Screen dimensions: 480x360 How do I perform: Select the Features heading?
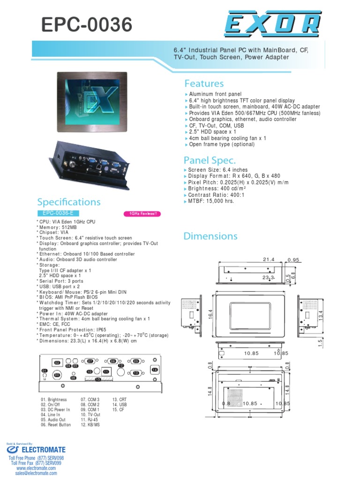point(204,83)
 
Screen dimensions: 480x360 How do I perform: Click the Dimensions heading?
point(210,236)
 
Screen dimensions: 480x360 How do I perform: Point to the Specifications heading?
point(68,202)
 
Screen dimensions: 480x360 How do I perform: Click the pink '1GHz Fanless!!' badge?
point(142,214)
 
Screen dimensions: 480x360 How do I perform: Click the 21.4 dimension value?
point(268,259)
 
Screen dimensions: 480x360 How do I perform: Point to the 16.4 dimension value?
point(210,313)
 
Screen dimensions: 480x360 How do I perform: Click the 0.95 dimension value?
point(293,259)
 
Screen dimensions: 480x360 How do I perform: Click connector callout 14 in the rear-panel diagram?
point(155,370)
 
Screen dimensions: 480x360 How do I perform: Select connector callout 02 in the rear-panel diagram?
point(58,363)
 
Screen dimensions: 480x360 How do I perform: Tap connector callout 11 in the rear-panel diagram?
point(106,372)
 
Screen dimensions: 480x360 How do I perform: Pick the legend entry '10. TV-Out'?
point(90,415)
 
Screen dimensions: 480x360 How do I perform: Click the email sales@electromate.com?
point(35,473)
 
